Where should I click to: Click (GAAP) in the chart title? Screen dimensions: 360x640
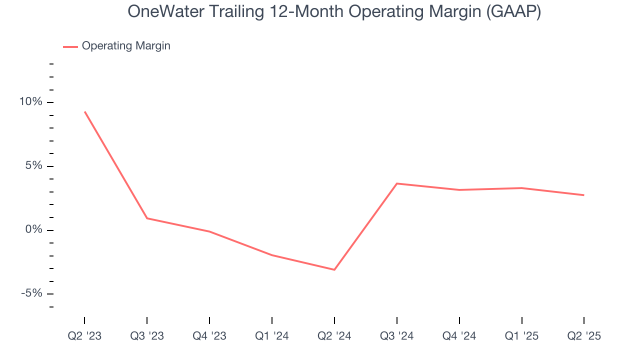(x=514, y=11)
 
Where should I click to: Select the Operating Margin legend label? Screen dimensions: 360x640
(x=126, y=46)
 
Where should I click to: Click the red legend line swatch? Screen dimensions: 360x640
(x=70, y=46)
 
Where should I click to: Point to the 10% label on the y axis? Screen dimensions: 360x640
(x=30, y=102)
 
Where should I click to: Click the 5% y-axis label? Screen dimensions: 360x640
(x=34, y=166)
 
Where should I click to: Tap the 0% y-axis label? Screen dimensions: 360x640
(x=34, y=230)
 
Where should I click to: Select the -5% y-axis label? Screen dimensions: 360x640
(x=32, y=293)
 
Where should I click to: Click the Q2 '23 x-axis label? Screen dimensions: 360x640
(x=84, y=336)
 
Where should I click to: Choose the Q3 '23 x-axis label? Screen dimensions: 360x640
(x=147, y=336)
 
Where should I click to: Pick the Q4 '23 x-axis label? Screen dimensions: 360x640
(x=209, y=336)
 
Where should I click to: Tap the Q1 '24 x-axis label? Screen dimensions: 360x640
(x=272, y=336)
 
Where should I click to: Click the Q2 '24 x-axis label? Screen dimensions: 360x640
(x=334, y=336)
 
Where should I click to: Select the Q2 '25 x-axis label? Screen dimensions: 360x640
(x=584, y=336)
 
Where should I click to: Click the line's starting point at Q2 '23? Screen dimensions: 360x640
(x=84, y=111)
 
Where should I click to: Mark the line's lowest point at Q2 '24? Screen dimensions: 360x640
(x=334, y=269)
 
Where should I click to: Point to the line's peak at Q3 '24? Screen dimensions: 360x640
(x=397, y=183)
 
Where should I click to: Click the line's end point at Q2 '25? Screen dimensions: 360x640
(x=584, y=195)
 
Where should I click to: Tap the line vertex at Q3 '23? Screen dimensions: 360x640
(x=147, y=218)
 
